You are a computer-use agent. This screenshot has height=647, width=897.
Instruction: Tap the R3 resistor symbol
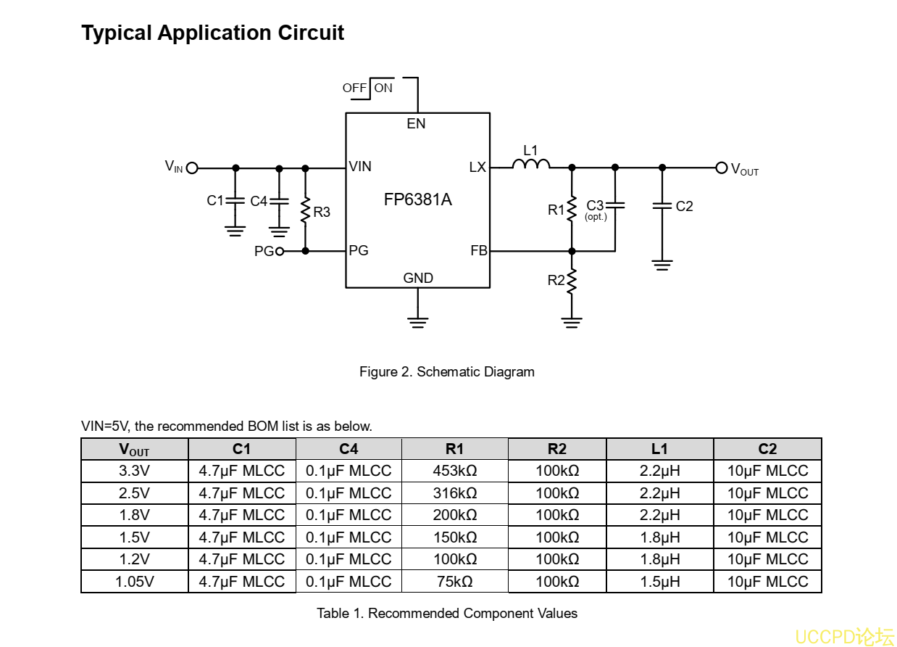(x=306, y=210)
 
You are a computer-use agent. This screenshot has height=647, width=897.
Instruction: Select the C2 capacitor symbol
(x=662, y=206)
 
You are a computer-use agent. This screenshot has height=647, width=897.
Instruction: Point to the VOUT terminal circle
(x=721, y=168)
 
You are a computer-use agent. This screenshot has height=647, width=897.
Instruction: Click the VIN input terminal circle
(x=192, y=168)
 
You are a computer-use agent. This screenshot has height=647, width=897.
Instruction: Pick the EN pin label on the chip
(x=417, y=124)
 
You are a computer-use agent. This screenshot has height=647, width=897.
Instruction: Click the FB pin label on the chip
(x=479, y=251)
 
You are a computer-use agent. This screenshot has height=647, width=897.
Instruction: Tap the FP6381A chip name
(x=418, y=200)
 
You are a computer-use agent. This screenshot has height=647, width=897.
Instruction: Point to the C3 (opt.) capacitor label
(x=596, y=209)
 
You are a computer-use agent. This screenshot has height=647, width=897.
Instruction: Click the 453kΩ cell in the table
(x=455, y=471)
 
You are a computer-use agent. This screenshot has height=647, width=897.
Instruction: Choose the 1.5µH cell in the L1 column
(x=659, y=582)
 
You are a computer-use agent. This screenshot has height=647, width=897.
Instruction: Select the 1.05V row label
(x=134, y=582)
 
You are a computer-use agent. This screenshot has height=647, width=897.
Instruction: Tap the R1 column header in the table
(x=455, y=449)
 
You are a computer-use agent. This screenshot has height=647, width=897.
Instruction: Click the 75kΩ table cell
(x=455, y=582)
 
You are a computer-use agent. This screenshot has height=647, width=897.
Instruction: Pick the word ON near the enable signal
(x=384, y=88)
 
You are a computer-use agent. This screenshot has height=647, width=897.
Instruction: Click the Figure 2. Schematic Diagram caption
(x=447, y=372)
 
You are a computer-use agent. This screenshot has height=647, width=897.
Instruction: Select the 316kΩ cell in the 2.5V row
(x=455, y=493)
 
